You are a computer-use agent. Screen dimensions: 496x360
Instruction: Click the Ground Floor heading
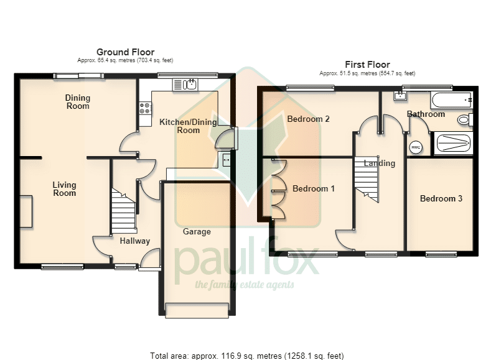(125, 52)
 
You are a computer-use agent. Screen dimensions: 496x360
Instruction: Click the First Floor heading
(367, 65)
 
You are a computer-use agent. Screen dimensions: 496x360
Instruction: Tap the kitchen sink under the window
(185, 85)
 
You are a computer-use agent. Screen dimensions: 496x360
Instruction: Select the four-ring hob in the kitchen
(145, 108)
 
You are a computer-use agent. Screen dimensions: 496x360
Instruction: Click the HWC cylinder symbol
(416, 147)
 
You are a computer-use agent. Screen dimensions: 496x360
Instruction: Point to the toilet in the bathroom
(465, 120)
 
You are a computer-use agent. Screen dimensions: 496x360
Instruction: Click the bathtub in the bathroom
(451, 100)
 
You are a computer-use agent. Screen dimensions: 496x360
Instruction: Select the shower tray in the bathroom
(453, 144)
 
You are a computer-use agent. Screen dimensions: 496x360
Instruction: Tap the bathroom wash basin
(400, 96)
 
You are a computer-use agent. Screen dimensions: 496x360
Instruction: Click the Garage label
(197, 232)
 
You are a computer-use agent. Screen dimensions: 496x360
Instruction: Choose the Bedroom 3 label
(441, 198)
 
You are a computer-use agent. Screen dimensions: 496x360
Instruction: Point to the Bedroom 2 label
(308, 119)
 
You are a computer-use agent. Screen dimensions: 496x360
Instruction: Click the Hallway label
(135, 241)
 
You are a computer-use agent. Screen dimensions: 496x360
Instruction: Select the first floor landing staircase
(367, 178)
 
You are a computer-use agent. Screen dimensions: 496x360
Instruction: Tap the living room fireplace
(26, 211)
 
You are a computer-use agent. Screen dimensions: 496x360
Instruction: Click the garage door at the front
(197, 310)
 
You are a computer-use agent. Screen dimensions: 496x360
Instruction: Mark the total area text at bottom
(246, 356)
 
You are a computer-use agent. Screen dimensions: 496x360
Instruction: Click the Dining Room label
(78, 102)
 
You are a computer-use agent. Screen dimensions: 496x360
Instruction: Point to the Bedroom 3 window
(441, 254)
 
